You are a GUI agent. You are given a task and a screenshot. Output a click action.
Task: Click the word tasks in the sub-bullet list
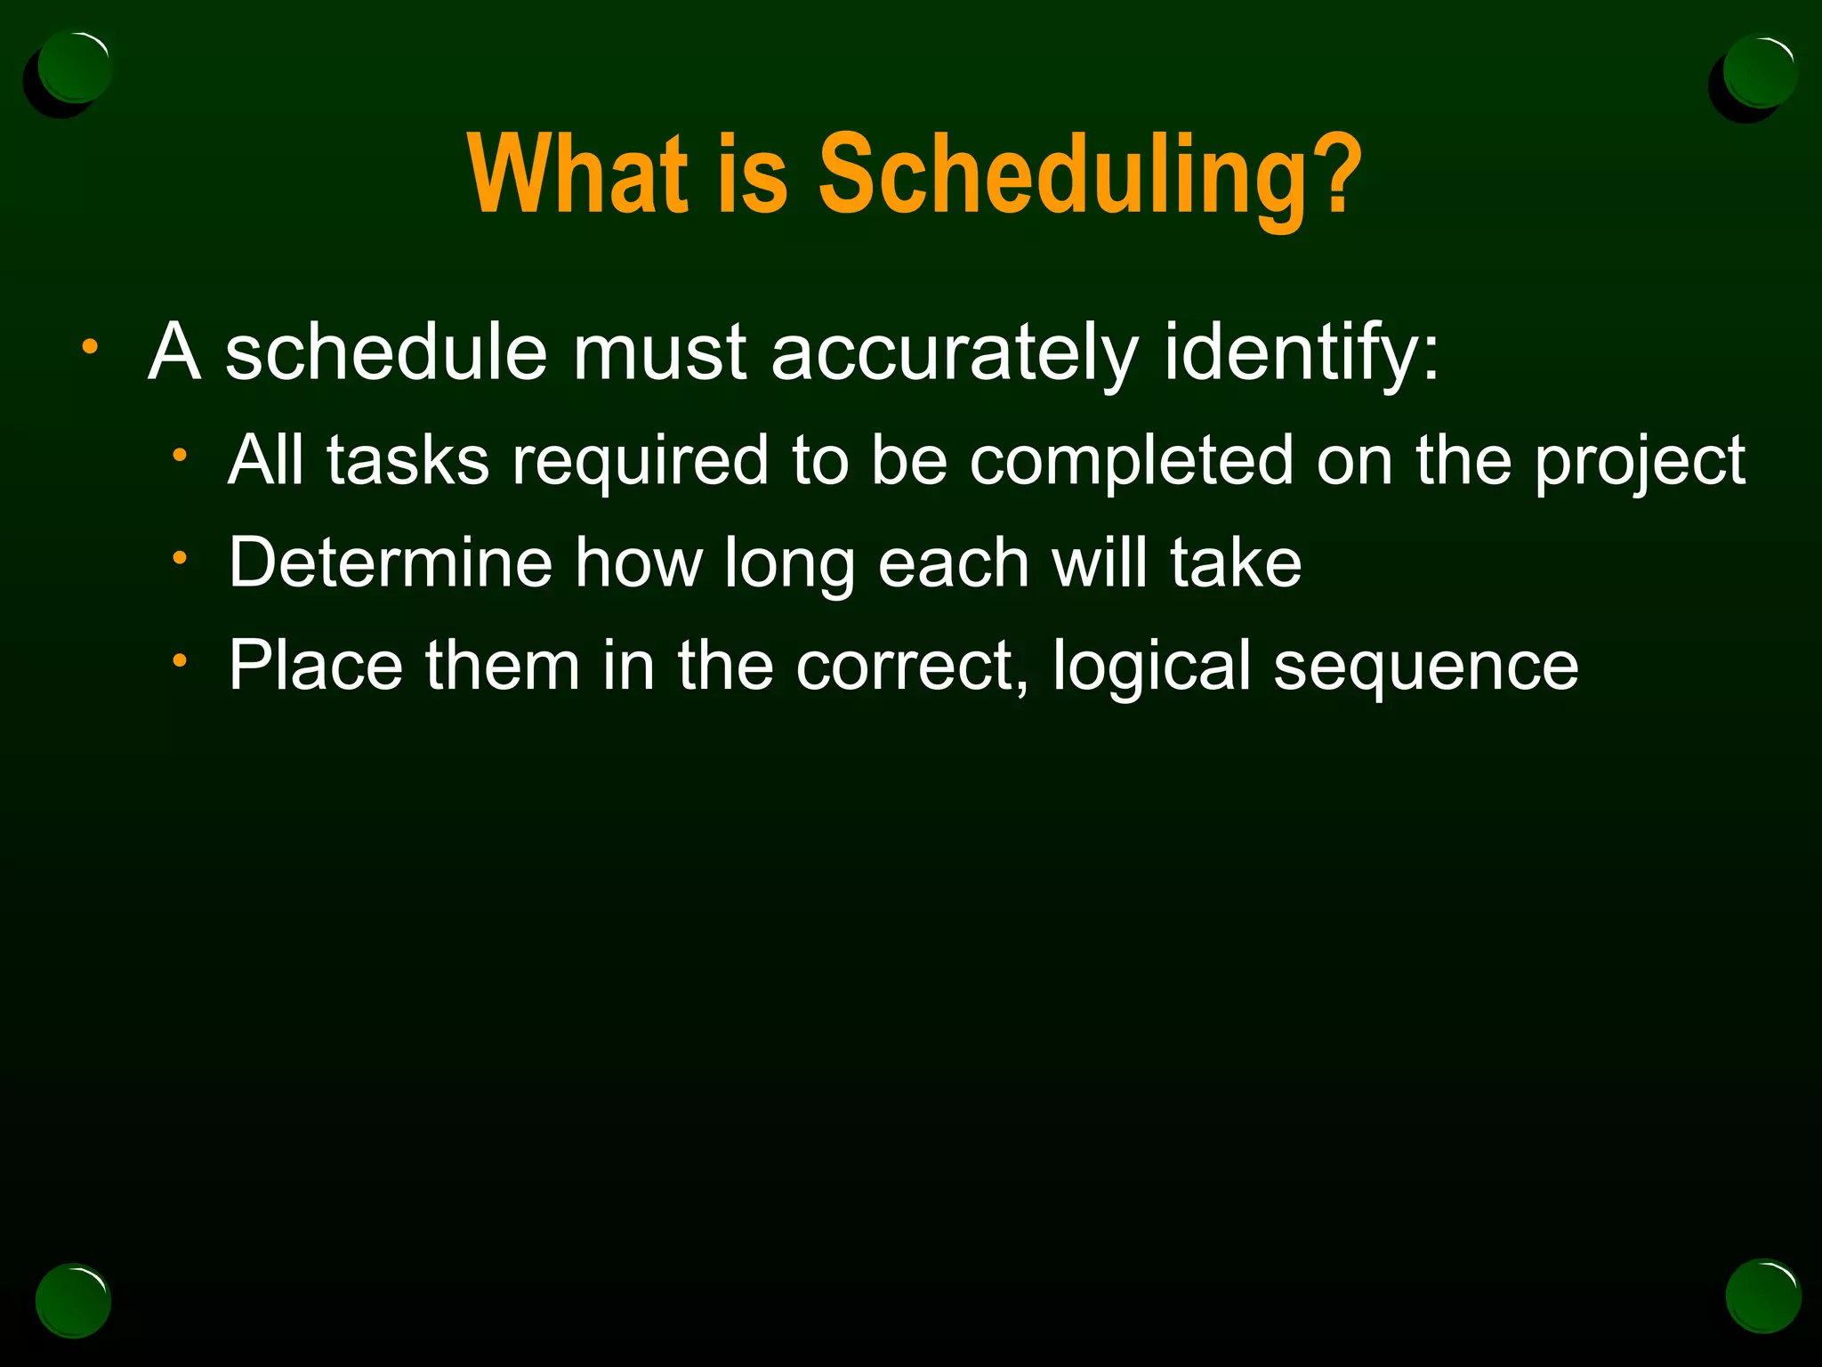coord(407,461)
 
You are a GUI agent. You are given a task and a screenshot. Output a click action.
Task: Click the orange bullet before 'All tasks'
coord(180,456)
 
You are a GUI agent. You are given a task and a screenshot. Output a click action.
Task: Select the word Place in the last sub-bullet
coord(316,666)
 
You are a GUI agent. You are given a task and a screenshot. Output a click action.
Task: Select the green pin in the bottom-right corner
coord(1762,1296)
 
